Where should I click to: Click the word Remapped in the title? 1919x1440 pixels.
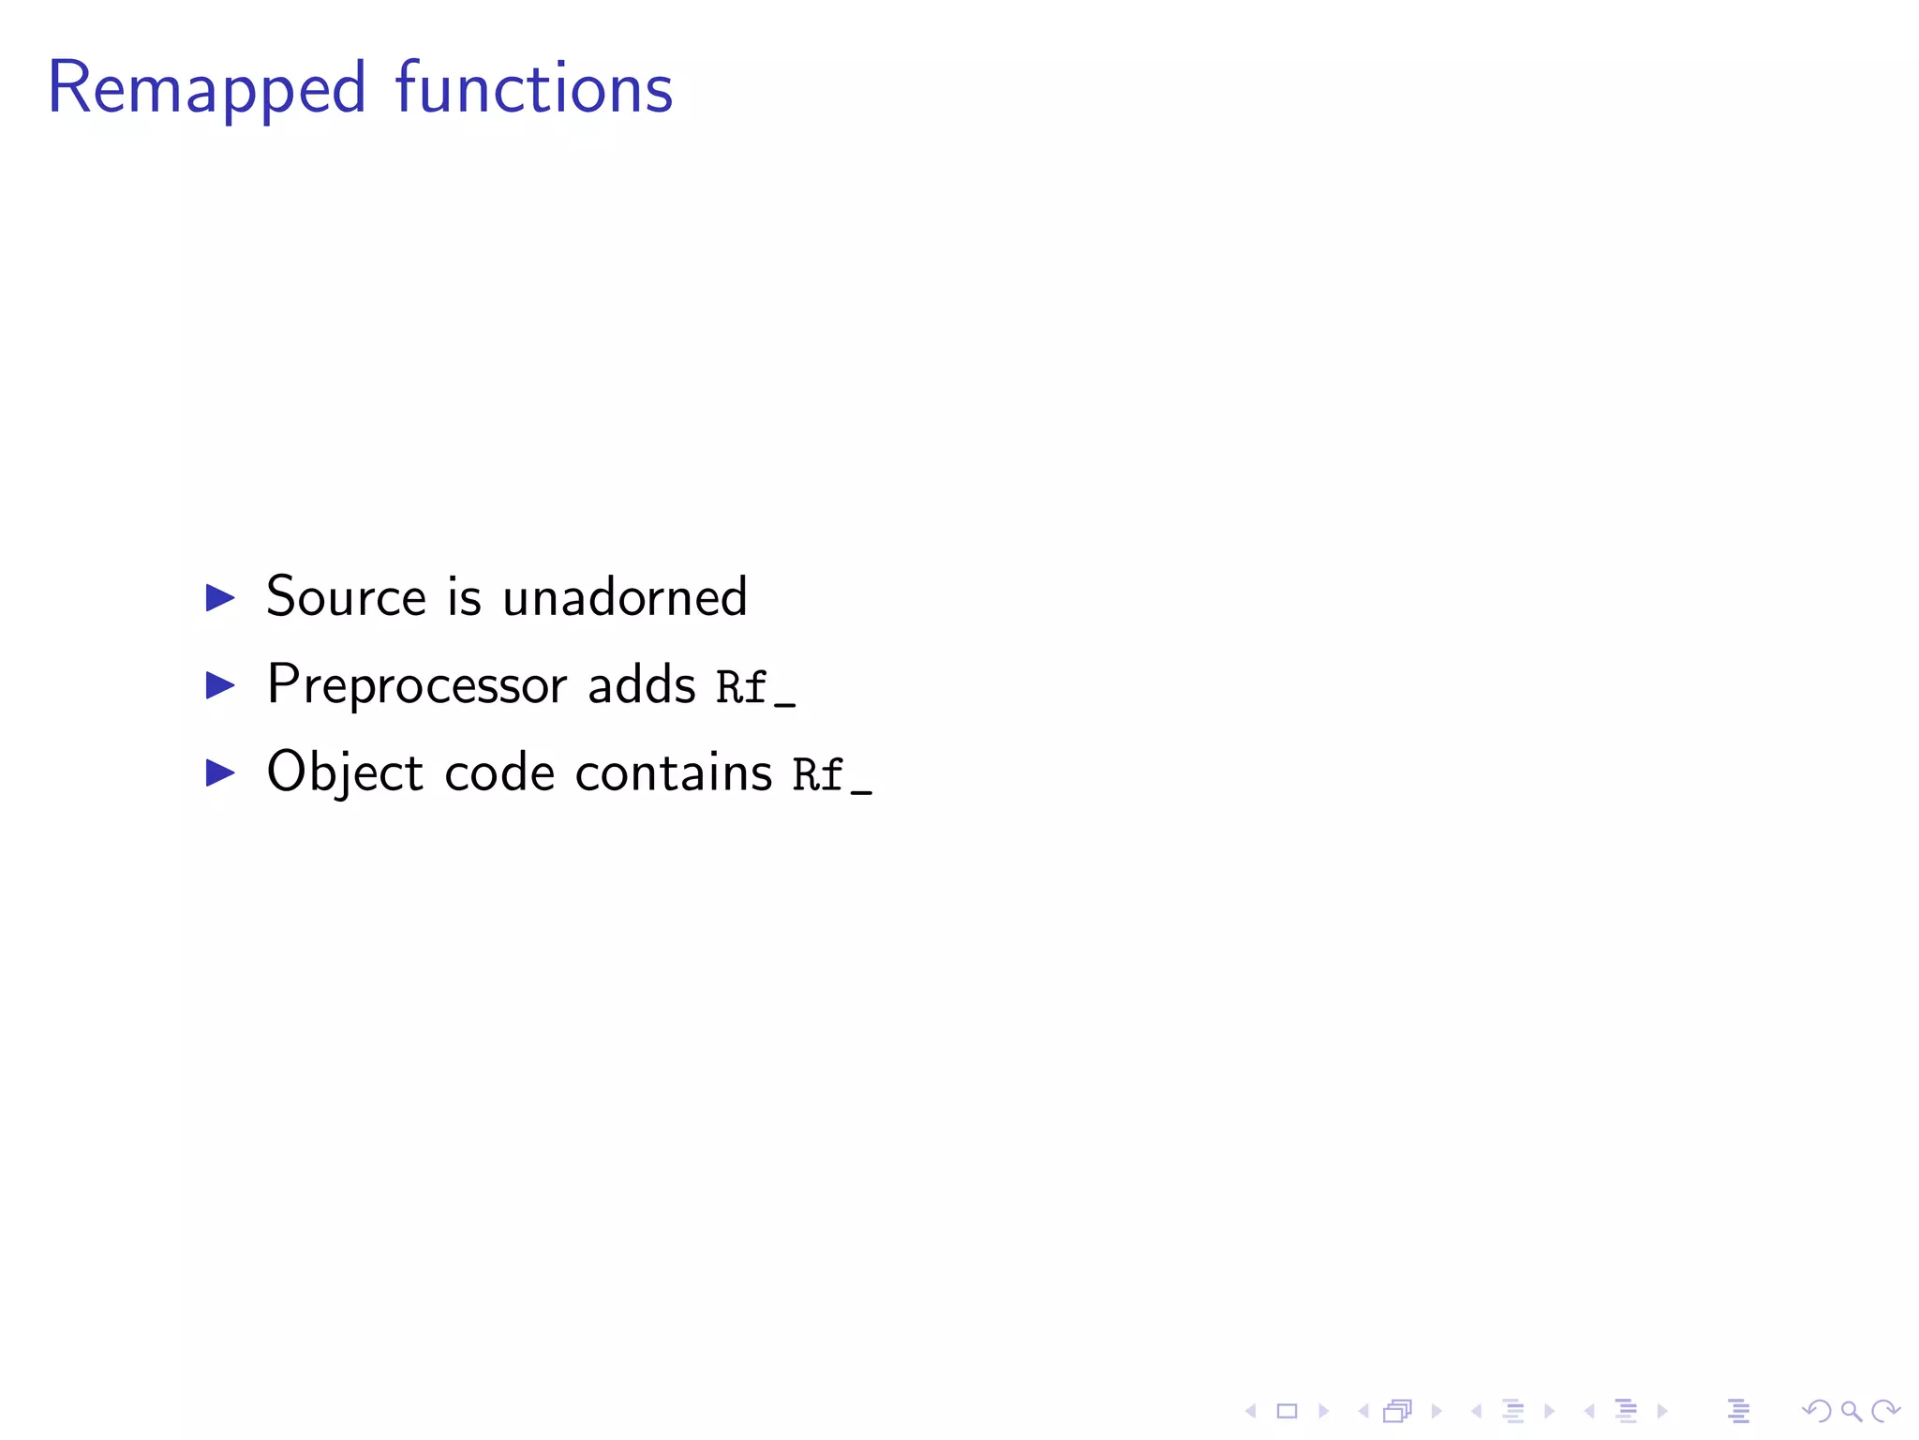click(x=206, y=89)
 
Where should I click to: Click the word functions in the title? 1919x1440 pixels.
click(x=533, y=89)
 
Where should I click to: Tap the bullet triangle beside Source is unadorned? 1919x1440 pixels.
click(x=220, y=597)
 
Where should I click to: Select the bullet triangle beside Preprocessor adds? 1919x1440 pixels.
click(x=220, y=685)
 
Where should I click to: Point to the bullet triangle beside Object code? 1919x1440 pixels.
click(x=220, y=772)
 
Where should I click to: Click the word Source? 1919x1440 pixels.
click(x=347, y=596)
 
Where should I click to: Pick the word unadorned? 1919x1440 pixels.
click(x=625, y=596)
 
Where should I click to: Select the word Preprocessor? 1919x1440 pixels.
click(x=417, y=685)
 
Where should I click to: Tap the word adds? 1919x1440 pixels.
click(x=641, y=685)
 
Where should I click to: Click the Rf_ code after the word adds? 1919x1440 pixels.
click(x=755, y=687)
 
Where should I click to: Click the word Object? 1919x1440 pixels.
click(x=345, y=773)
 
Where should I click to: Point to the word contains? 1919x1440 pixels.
click(x=674, y=773)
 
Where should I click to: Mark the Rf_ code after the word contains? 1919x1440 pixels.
click(x=832, y=775)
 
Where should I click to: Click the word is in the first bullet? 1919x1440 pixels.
click(x=465, y=596)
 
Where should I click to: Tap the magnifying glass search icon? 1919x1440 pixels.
click(x=1851, y=1411)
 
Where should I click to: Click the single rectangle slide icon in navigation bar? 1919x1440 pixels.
click(x=1287, y=1411)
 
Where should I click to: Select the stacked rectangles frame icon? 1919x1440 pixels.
click(x=1398, y=1411)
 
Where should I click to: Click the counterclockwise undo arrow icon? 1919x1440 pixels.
click(x=1817, y=1411)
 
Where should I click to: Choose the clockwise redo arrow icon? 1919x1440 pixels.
click(x=1885, y=1411)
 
